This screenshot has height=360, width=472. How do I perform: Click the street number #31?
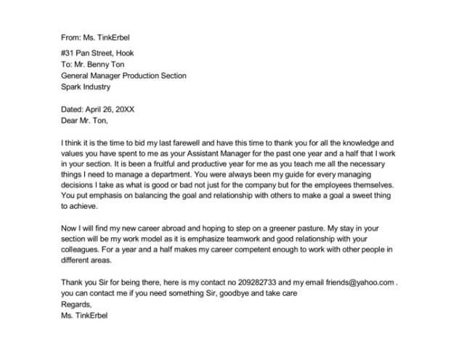point(68,53)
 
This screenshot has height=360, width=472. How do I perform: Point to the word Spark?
point(73,86)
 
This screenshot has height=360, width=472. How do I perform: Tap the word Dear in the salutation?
point(70,120)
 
